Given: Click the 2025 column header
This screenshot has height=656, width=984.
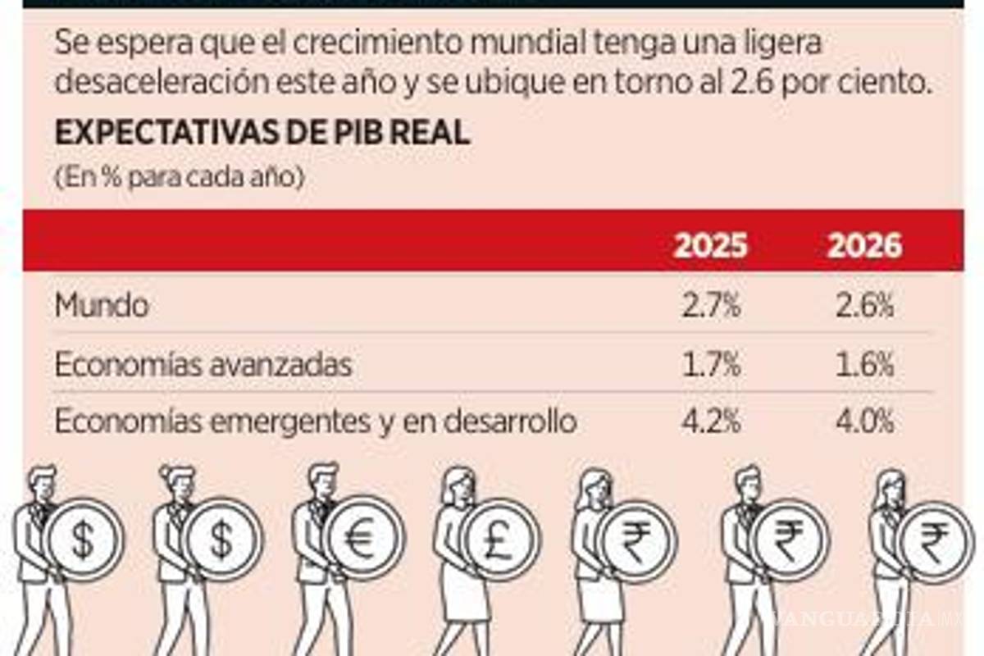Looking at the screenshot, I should (x=710, y=245).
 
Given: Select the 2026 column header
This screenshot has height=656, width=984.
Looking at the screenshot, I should (x=864, y=245).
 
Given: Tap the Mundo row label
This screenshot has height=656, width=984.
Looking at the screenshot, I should (x=102, y=306).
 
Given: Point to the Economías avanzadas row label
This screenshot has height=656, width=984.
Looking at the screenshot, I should (x=203, y=365).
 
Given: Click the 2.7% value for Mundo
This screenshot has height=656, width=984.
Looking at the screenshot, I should (x=710, y=306).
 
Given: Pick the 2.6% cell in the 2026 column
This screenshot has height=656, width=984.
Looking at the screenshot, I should (x=864, y=306).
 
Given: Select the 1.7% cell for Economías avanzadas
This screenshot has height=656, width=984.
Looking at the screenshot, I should (x=710, y=365).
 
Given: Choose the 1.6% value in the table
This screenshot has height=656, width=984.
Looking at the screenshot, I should (x=864, y=365).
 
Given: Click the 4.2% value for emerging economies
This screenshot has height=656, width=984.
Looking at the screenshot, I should (x=710, y=421).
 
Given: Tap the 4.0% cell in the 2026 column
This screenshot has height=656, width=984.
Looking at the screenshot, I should (x=864, y=421).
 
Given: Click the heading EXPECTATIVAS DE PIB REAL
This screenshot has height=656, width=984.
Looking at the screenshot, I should (x=262, y=134).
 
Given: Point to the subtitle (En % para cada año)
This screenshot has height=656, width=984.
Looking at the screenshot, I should (x=179, y=177).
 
